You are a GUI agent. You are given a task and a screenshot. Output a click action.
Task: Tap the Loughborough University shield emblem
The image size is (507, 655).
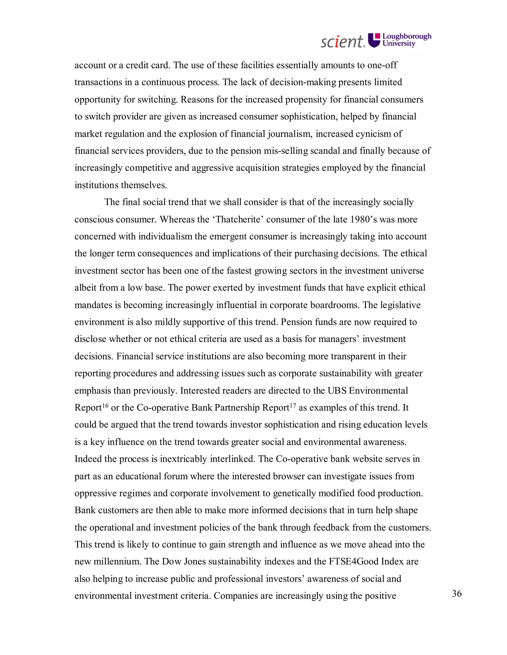coord(374,40)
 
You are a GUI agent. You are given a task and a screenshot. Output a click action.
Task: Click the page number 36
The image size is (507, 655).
coord(456,593)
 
